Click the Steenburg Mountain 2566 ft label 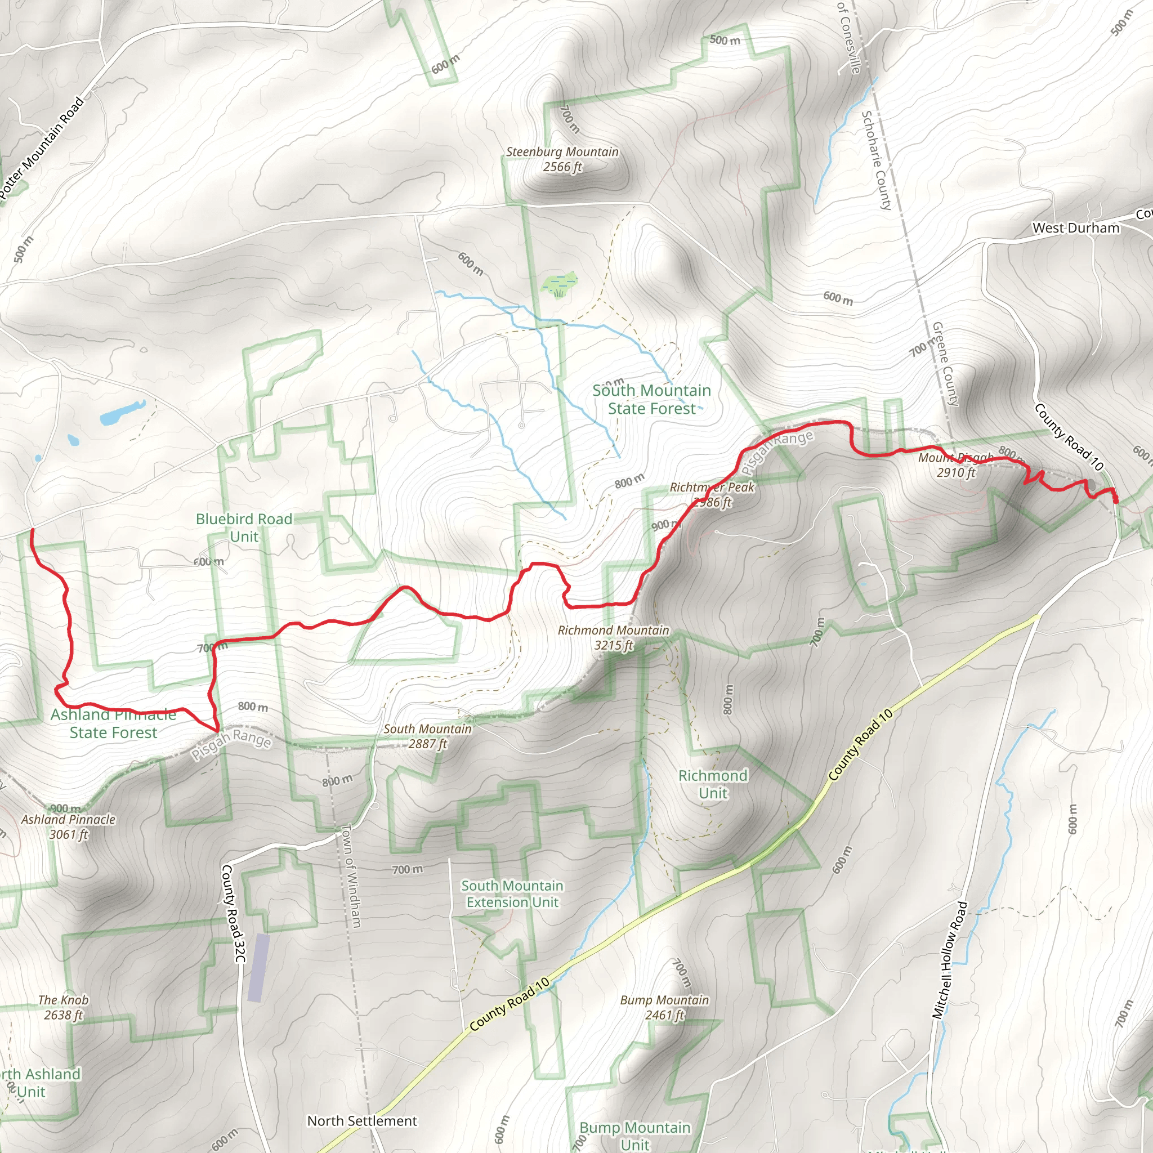click(x=562, y=159)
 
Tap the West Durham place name click(x=1075, y=228)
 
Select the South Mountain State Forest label click(x=651, y=399)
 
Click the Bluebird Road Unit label click(x=244, y=528)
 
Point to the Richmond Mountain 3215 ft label click(x=613, y=637)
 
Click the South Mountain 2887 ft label click(x=427, y=736)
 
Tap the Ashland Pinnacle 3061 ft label click(x=68, y=826)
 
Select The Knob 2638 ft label click(x=63, y=1007)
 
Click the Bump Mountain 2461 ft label click(x=664, y=1007)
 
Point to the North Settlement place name click(x=361, y=1121)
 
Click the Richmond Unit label click(x=713, y=784)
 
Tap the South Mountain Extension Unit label click(x=512, y=894)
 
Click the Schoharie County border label click(x=876, y=160)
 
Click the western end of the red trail click(x=32, y=529)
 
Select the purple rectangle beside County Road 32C click(x=258, y=967)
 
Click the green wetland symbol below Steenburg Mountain click(x=560, y=285)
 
